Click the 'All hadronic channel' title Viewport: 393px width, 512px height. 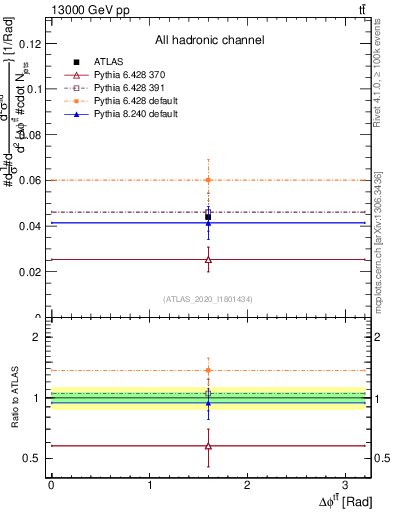tap(208, 41)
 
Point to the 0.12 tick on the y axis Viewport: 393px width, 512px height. tap(31, 43)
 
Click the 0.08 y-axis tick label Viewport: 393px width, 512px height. tap(31, 134)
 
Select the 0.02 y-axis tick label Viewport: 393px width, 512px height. tap(31, 272)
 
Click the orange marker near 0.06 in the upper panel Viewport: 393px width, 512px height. tap(208, 180)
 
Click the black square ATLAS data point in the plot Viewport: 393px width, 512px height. tap(208, 216)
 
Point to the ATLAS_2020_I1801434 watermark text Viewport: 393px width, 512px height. tap(208, 299)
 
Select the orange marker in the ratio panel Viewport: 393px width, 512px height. tap(208, 370)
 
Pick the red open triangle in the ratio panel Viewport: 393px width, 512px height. tap(208, 446)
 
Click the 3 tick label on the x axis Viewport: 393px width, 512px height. tap(345, 484)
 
